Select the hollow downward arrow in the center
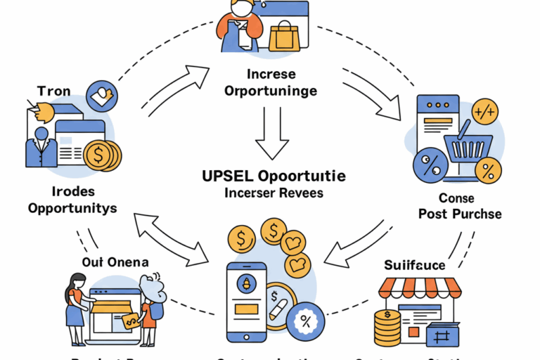point(270,133)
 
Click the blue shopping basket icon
point(463,148)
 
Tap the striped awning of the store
point(420,288)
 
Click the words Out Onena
point(114,262)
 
